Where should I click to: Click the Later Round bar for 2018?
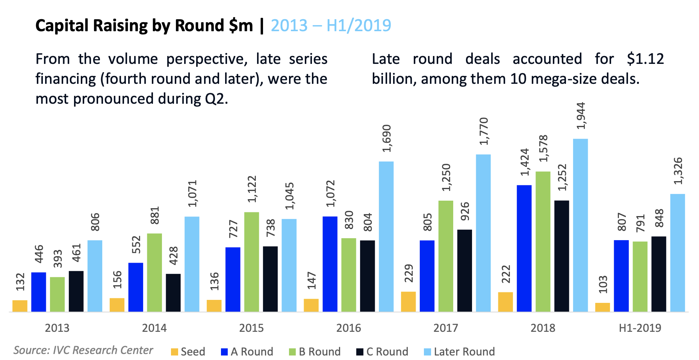click(x=580, y=225)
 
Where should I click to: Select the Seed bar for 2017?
click(x=408, y=302)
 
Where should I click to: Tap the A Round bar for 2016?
click(x=330, y=264)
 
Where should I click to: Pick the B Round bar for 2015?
click(x=251, y=262)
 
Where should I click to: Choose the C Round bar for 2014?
click(x=173, y=293)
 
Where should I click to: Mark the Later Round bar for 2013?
click(x=95, y=276)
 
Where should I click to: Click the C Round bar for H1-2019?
click(x=658, y=274)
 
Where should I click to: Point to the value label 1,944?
click(x=581, y=116)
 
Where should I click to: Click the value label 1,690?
click(x=387, y=138)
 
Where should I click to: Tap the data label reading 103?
click(x=603, y=285)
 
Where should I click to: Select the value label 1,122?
click(x=252, y=189)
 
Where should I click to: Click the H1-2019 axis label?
click(x=640, y=328)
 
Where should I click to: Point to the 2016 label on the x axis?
click(x=348, y=328)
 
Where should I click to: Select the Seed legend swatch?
click(x=174, y=352)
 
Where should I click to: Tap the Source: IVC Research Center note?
click(x=83, y=350)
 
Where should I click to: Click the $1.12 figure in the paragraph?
click(x=645, y=59)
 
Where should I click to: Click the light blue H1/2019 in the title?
click(x=359, y=26)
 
